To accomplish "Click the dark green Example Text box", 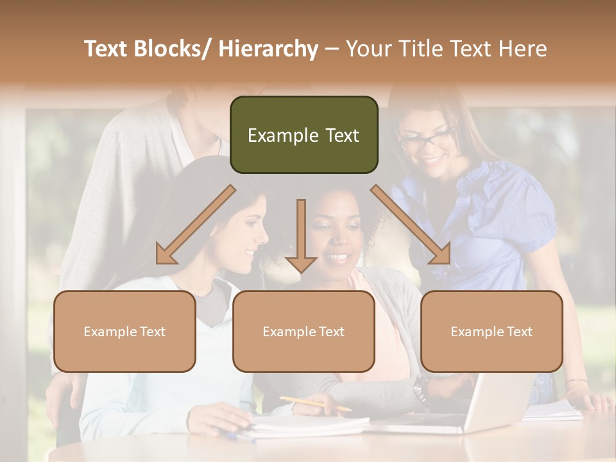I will (x=304, y=135).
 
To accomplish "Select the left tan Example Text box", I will (x=124, y=331).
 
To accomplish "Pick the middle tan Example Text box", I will (x=304, y=331).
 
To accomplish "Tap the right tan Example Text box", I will (x=492, y=331).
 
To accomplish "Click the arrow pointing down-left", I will (x=195, y=225).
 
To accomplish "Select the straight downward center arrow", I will (x=301, y=234).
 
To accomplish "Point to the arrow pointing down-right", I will (x=411, y=225).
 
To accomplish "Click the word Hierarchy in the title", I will (x=268, y=49).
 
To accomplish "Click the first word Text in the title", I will (x=107, y=49).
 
